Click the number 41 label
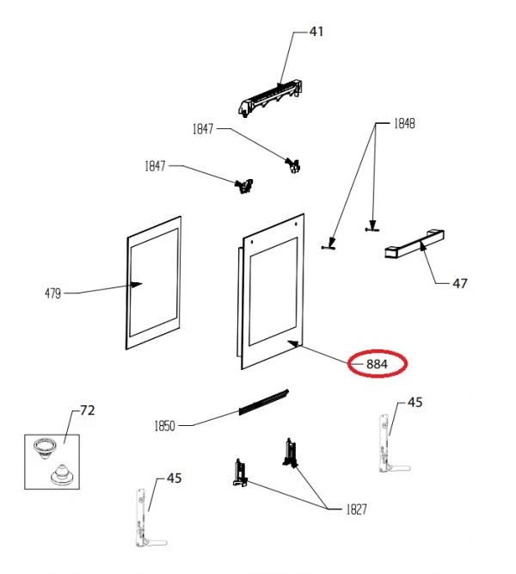point(316,32)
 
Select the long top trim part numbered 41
point(270,97)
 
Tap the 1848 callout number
point(404,124)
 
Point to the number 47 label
point(460,283)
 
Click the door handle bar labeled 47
point(415,244)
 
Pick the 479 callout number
point(53,293)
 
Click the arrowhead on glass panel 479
point(137,284)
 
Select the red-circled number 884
point(377,364)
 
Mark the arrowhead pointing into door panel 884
point(293,343)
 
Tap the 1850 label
point(164,426)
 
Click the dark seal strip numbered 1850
point(263,402)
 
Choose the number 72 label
point(88,410)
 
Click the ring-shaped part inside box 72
point(45,447)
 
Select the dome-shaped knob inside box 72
point(62,474)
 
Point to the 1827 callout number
point(356,509)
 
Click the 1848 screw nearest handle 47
point(372,228)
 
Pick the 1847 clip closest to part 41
point(292,165)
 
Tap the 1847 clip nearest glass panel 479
point(244,186)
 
